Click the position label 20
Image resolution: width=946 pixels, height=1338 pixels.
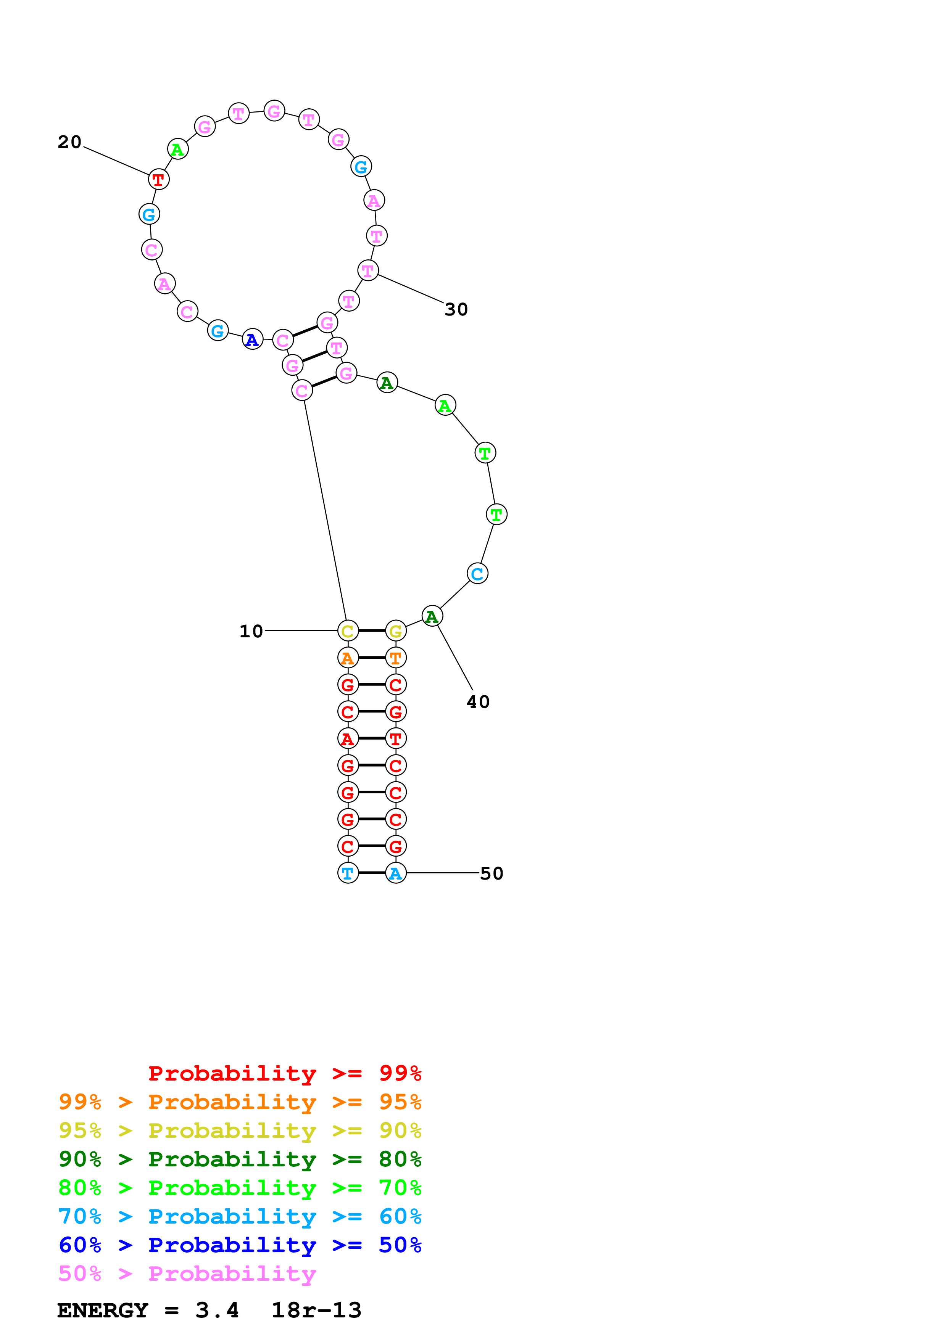[x=69, y=142]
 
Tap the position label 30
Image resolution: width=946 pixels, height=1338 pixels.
[x=456, y=309]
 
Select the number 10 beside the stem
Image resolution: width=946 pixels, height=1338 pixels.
[x=251, y=631]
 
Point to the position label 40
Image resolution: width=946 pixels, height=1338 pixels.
[x=478, y=702]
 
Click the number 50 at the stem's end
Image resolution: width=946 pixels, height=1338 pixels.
[x=492, y=873]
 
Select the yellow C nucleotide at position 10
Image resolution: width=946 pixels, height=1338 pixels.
[x=348, y=630]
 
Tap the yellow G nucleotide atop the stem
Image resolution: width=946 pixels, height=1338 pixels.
[x=396, y=630]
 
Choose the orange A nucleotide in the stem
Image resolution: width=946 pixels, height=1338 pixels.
[x=348, y=658]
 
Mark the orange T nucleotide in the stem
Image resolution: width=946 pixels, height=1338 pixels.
[x=396, y=658]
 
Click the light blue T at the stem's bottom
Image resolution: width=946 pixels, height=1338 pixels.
[x=348, y=873]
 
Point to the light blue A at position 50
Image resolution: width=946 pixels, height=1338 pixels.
[x=396, y=873]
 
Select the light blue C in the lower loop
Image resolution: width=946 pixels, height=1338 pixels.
[x=477, y=574]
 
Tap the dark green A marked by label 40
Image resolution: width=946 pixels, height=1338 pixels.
[x=432, y=616]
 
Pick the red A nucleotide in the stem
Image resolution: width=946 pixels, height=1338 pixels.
[x=348, y=738]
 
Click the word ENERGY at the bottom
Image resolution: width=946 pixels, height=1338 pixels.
[x=103, y=1310]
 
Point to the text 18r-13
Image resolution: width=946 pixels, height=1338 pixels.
[x=316, y=1310]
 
